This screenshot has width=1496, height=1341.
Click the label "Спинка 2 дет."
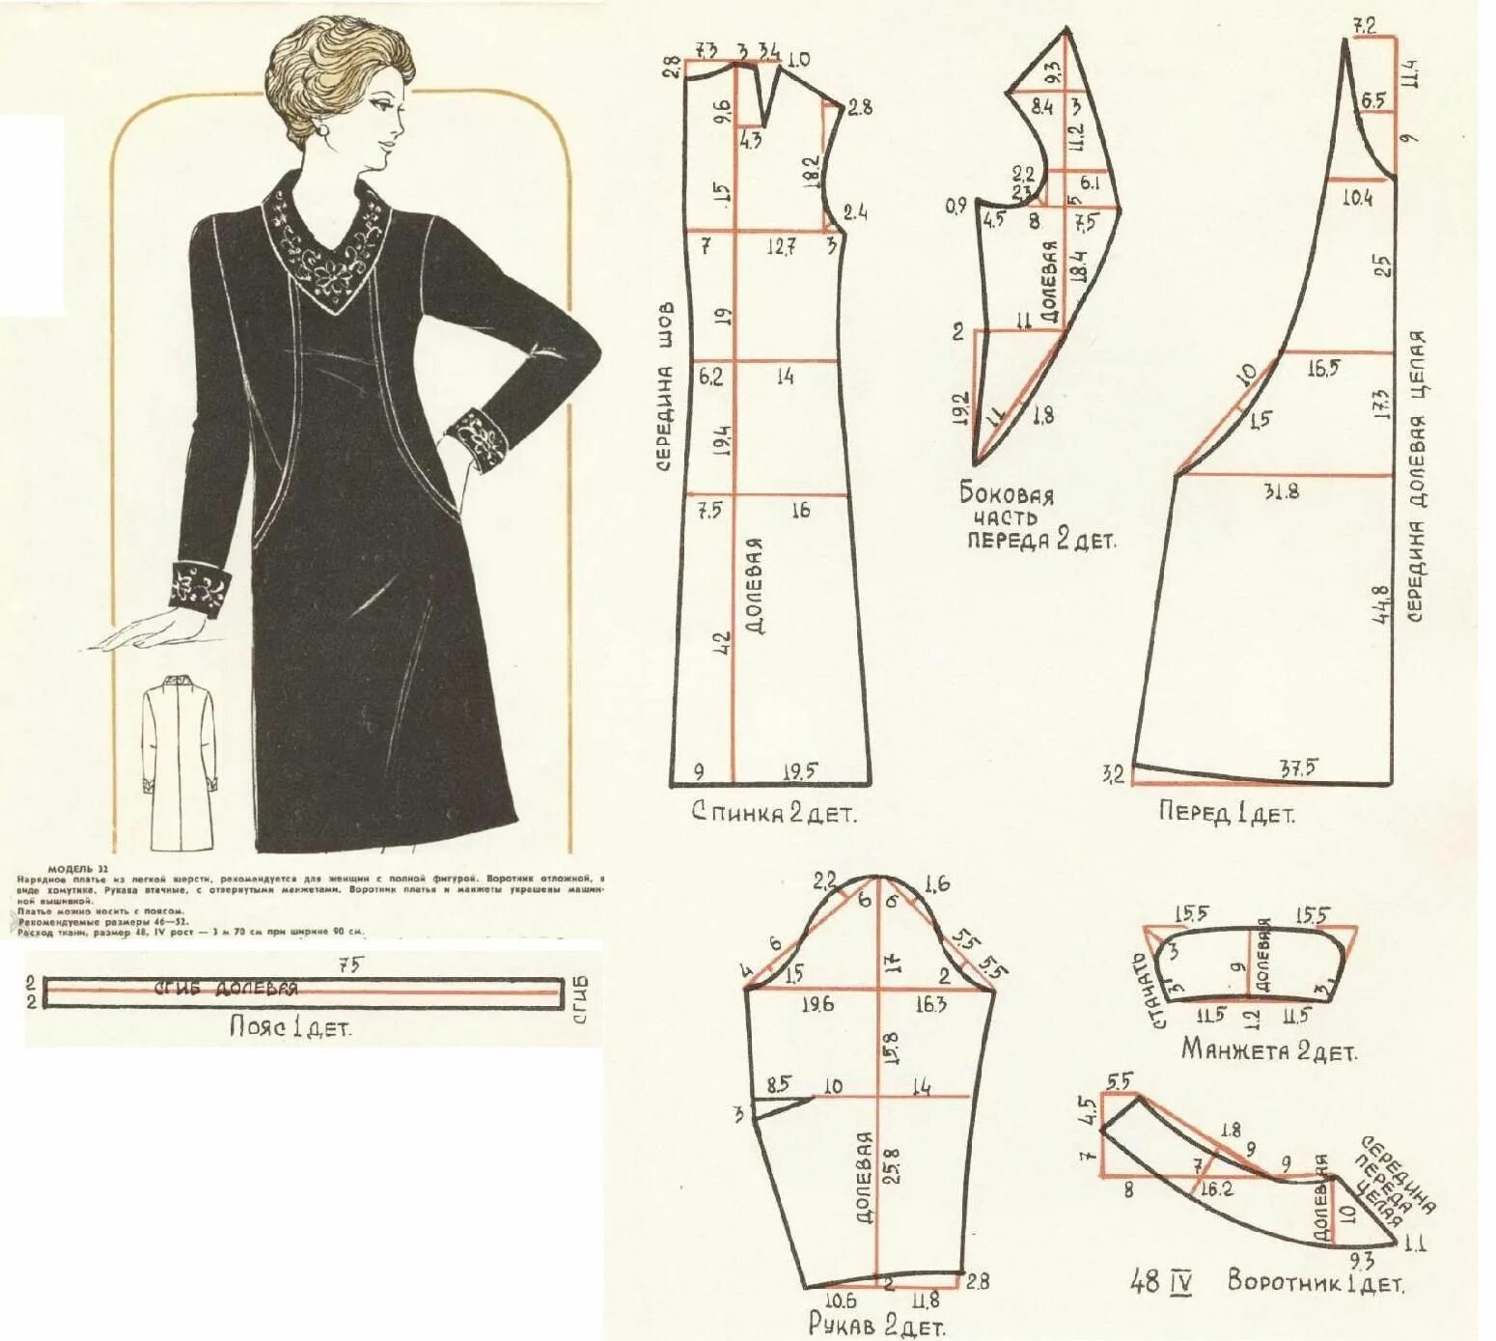coord(773,813)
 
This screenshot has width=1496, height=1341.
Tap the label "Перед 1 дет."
coord(1226,813)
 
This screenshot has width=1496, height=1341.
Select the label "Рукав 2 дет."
coord(875,1326)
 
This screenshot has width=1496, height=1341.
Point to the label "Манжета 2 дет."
coord(1268,1049)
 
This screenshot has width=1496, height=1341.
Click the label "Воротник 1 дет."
coord(1316,1282)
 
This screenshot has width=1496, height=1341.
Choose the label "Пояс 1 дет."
coord(290,1027)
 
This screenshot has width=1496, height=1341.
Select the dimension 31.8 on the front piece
coord(1281,490)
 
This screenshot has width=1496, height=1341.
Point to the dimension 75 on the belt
coord(345,964)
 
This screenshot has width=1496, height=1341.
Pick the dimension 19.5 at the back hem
coord(799,770)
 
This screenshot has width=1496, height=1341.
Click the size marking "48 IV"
coord(1161,1283)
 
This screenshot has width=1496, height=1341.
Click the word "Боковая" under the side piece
coord(1006,494)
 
